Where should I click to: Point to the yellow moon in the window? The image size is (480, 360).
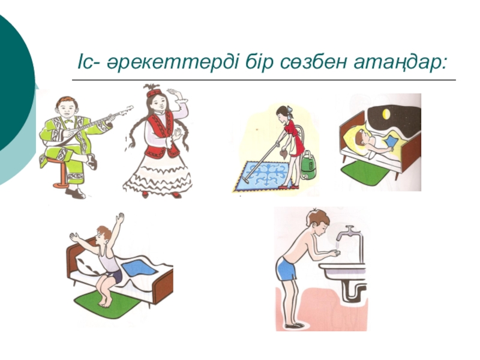tap(386, 114)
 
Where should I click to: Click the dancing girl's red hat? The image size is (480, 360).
tap(154, 93)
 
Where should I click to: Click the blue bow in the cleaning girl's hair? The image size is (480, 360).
tap(290, 112)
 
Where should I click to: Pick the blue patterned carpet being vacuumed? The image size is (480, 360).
tap(262, 176)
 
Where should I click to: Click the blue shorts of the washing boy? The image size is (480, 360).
tap(287, 269)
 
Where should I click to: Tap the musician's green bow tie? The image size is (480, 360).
tap(68, 121)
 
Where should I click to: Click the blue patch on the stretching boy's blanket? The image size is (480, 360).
tap(139, 268)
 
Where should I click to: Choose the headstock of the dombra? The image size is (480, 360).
tap(127, 110)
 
